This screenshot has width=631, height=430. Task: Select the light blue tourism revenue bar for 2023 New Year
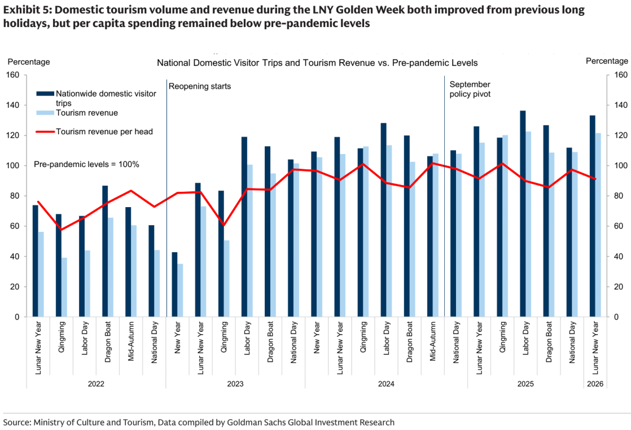[x=181, y=290]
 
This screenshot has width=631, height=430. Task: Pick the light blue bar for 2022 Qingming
[x=65, y=287]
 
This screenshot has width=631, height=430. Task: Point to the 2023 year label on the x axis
[x=235, y=384]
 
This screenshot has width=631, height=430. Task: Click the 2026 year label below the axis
[x=595, y=384]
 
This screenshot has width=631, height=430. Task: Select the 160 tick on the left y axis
[x=12, y=75]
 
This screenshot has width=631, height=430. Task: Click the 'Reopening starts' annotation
[x=200, y=86]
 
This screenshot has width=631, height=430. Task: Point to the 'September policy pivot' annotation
[x=470, y=89]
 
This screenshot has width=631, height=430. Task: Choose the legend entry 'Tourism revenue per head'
[x=104, y=131]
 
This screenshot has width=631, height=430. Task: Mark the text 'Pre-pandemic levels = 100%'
[x=86, y=164]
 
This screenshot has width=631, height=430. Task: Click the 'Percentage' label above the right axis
[x=607, y=61]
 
